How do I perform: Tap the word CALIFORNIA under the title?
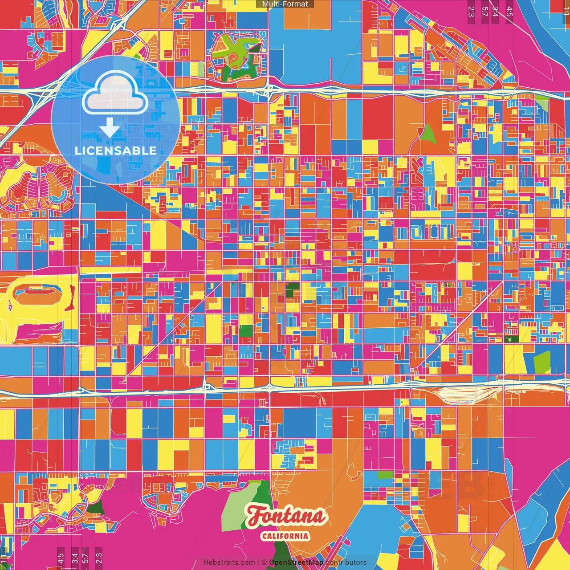285,536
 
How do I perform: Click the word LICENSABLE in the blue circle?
116,151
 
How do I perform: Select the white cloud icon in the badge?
115,94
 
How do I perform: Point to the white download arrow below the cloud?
109,128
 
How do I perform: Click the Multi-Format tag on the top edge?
285,4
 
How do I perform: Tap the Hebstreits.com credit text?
229,562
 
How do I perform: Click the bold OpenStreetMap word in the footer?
296,562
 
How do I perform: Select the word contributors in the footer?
346,562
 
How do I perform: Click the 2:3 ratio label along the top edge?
471,11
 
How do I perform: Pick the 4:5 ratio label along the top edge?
509,11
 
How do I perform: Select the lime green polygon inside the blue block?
542,362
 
